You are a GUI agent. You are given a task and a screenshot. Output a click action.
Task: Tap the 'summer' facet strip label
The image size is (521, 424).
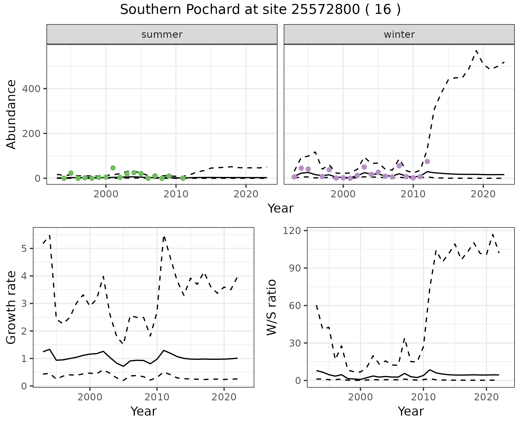pyautogui.click(x=162, y=35)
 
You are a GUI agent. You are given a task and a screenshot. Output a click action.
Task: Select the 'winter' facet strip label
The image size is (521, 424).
pyautogui.click(x=399, y=35)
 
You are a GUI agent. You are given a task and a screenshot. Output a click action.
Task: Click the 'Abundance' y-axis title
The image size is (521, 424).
pyautogui.click(x=11, y=114)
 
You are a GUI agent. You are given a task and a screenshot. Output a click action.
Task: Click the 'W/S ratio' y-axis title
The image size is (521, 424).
pyautogui.click(x=272, y=307)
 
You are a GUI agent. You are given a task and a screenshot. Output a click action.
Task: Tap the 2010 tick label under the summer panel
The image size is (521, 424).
pyautogui.click(x=176, y=194)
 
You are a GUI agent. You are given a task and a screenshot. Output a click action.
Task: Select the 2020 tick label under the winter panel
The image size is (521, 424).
pyautogui.click(x=483, y=194)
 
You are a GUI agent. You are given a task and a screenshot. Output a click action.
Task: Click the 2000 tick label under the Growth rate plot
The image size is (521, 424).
pyautogui.click(x=90, y=397)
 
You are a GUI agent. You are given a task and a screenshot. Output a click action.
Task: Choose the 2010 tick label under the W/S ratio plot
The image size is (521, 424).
pyautogui.click(x=423, y=397)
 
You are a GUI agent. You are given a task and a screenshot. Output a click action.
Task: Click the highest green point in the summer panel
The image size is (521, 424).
pyautogui.click(x=113, y=168)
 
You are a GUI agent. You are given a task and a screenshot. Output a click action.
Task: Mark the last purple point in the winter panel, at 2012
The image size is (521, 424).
pyautogui.click(x=427, y=161)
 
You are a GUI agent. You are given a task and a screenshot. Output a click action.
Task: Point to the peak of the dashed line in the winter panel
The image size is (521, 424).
pyautogui.click(x=476, y=51)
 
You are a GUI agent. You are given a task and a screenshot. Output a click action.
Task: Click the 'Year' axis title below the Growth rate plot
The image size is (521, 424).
pyautogui.click(x=144, y=411)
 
